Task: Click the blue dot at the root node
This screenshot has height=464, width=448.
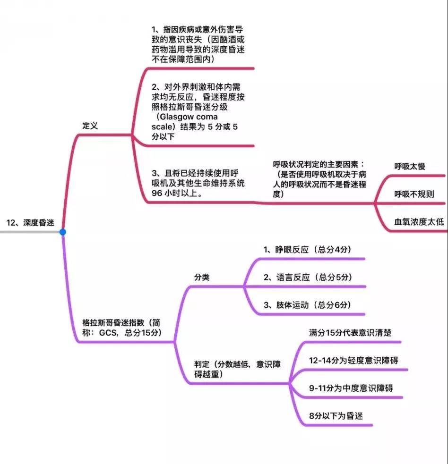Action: [x=62, y=232]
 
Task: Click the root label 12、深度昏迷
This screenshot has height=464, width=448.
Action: [x=30, y=222]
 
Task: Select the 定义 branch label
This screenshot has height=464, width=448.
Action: [x=90, y=126]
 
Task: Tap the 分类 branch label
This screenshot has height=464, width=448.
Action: [x=202, y=277]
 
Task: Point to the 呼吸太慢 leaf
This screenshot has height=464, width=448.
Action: [x=410, y=166]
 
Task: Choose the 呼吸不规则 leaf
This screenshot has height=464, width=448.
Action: [x=414, y=194]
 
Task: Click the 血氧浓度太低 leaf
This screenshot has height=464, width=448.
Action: [x=419, y=222]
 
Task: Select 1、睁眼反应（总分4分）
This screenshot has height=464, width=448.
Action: [x=308, y=249]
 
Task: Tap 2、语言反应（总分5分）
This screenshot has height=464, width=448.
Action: [x=308, y=277]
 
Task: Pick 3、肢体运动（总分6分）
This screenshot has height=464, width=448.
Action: [x=308, y=305]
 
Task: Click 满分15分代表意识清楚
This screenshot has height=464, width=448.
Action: [x=350, y=333]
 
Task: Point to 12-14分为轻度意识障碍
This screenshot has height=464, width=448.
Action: [x=353, y=361]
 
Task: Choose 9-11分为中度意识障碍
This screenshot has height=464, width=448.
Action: [x=351, y=388]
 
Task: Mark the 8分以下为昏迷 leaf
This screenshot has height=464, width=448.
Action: [x=336, y=416]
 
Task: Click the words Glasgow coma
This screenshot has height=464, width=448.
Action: [x=189, y=117]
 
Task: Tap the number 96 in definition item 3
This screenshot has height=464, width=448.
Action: [x=157, y=193]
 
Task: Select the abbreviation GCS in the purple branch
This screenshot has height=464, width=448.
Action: [x=108, y=333]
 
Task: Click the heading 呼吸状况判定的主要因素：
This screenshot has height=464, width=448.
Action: [x=319, y=164]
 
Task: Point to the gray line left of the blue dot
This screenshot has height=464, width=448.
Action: [x=30, y=232]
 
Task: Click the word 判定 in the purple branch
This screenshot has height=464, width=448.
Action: [x=202, y=364]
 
